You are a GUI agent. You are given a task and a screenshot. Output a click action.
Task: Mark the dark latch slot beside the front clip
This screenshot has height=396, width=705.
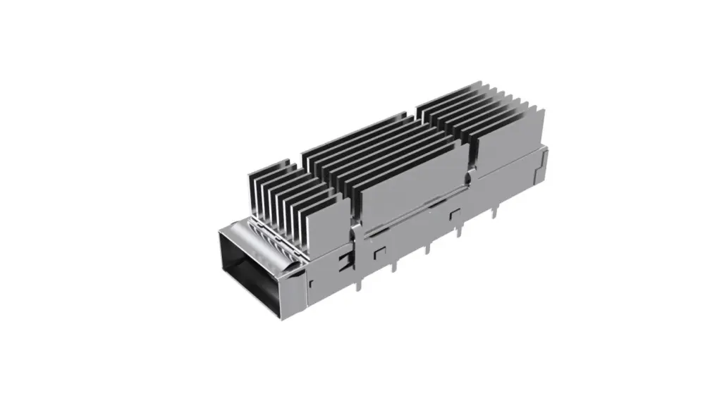point(345,263)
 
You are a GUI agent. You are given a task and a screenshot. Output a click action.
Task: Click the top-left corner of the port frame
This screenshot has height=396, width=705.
point(220,233)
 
